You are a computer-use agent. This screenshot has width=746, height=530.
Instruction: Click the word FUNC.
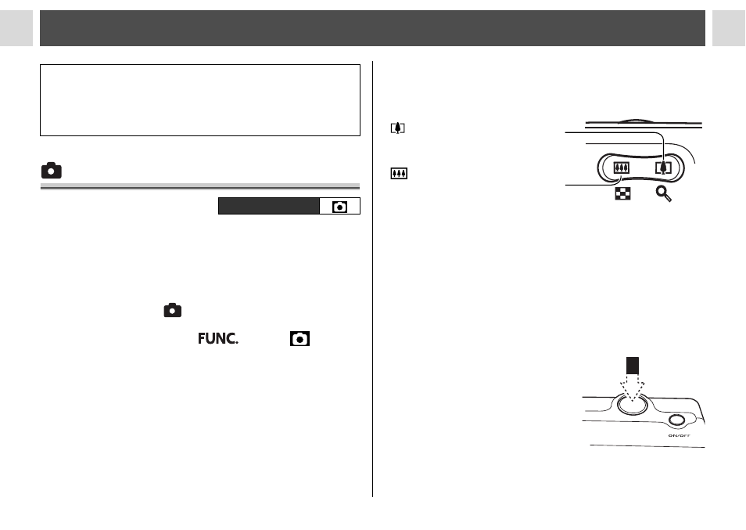click(x=218, y=338)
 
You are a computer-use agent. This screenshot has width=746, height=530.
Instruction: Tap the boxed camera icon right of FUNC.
click(x=299, y=338)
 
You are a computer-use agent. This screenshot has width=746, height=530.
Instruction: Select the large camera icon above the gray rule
click(x=52, y=171)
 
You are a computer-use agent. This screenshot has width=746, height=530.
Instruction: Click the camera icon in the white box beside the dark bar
click(x=339, y=207)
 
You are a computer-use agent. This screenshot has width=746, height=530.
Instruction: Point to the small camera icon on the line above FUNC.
click(x=173, y=310)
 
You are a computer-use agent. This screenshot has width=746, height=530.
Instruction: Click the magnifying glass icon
click(x=664, y=194)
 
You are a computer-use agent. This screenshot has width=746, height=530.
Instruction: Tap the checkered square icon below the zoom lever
click(x=622, y=193)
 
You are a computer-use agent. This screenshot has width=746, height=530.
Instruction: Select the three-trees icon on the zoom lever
click(x=622, y=168)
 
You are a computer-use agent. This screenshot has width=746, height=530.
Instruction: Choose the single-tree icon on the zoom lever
click(x=663, y=168)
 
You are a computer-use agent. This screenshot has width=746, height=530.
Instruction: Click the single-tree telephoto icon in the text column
click(x=398, y=128)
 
